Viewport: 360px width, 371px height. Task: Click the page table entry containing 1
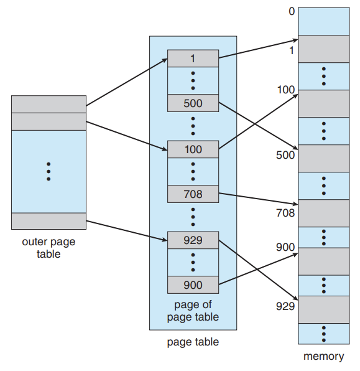click(193, 59)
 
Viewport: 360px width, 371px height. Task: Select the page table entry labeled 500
click(193, 103)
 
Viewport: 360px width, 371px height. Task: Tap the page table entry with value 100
click(193, 149)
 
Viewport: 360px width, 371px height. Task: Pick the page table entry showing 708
click(193, 194)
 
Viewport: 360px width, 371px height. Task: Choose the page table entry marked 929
click(193, 240)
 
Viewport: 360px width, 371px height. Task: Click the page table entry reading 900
click(193, 285)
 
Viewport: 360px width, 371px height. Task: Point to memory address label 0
click(292, 11)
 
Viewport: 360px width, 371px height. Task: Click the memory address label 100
click(286, 90)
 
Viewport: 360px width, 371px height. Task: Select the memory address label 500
click(285, 155)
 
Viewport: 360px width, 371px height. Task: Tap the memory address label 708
click(285, 213)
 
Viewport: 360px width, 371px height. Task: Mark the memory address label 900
click(285, 247)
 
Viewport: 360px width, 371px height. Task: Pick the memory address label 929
click(285, 306)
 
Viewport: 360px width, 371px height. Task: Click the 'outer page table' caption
click(48, 248)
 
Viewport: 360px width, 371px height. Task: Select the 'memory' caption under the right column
click(323, 356)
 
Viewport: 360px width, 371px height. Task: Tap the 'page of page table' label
click(193, 311)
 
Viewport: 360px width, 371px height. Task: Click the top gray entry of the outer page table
click(48, 105)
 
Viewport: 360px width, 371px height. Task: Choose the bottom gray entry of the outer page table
click(48, 221)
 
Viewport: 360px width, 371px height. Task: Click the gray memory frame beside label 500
click(323, 158)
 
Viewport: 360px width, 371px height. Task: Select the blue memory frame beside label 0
click(323, 21)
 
